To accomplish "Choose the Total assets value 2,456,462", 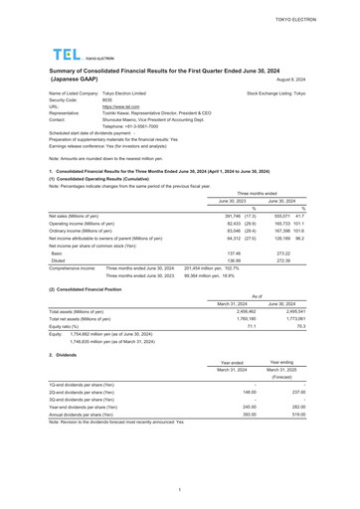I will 232,310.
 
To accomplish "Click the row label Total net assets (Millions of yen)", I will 80,318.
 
